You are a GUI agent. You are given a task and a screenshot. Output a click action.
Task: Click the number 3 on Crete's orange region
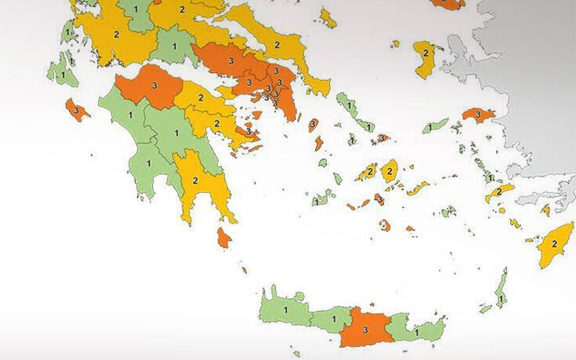pos(364,330)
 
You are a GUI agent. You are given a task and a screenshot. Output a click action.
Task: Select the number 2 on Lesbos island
pos(426,53)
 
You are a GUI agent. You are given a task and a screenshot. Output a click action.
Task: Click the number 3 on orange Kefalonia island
pos(76,111)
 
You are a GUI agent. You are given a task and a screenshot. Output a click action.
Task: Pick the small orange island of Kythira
pos(223,237)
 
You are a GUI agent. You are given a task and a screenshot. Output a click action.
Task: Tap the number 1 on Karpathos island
pos(499,299)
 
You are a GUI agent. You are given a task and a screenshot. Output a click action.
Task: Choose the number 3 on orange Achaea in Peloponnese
pos(154,84)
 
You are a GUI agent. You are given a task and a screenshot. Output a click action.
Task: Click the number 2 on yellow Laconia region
pos(194,180)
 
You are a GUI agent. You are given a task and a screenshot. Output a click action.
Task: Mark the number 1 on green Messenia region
pos(139,185)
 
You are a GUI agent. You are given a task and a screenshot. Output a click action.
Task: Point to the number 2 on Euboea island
pos(276,45)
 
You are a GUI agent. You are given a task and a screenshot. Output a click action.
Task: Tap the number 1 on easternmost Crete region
pos(416,332)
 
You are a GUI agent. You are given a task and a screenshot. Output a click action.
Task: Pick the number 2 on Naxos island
pos(389,171)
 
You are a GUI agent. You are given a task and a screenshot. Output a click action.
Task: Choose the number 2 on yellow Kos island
pos(498,191)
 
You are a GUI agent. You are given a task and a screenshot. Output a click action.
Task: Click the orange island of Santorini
pos(385,226)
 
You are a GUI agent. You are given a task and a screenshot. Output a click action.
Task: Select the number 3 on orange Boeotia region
pos(230,60)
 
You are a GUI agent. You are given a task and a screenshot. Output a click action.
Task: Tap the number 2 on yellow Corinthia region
pos(201,98)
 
